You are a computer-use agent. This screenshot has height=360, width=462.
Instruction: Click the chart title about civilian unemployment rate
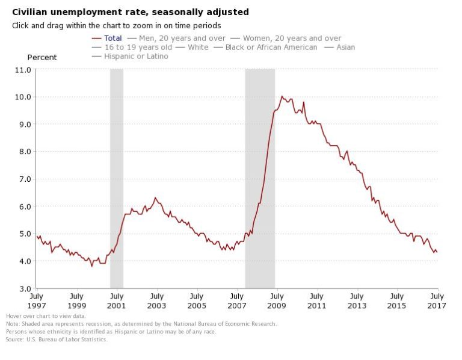(x=131, y=12)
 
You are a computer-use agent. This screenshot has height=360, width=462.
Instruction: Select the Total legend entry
(x=112, y=38)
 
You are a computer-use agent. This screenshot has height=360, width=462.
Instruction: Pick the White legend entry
(x=198, y=47)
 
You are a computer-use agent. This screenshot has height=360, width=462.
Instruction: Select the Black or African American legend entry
(x=271, y=47)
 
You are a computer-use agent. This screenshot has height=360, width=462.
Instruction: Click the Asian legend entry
(x=345, y=47)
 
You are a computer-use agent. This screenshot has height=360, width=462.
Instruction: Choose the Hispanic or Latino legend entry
(x=136, y=56)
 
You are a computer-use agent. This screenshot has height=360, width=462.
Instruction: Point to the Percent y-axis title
(x=42, y=57)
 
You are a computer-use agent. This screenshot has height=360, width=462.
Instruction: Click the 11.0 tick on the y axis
(x=22, y=69)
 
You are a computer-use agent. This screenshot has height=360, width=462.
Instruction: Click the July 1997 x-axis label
(x=36, y=300)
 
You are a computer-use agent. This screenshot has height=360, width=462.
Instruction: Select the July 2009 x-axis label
(x=277, y=300)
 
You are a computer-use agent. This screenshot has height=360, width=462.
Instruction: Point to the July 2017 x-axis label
(x=437, y=300)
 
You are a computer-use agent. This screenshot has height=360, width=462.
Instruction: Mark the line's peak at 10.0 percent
(x=282, y=96)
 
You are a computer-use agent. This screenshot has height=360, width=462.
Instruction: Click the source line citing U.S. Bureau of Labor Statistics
(x=57, y=340)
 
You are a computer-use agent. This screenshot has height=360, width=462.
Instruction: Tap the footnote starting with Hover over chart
(x=46, y=315)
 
